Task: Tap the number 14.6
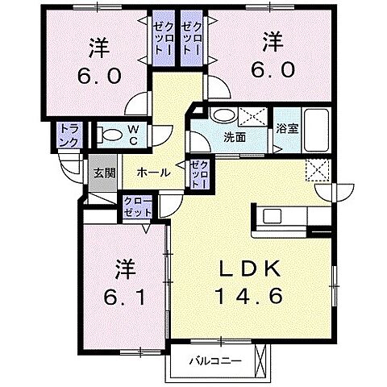pyautogui.click(x=248, y=296)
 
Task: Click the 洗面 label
pyautogui.click(x=235, y=137)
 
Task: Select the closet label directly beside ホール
pyautogui.click(x=198, y=173)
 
